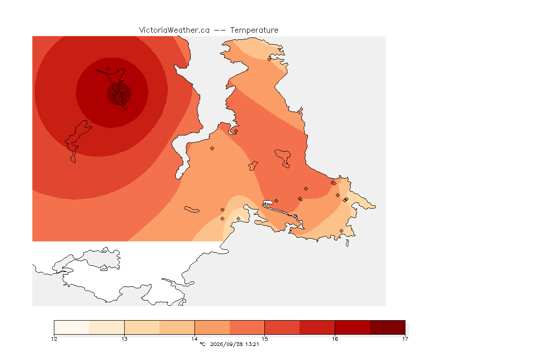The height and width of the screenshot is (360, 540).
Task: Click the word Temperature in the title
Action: (x=254, y=30)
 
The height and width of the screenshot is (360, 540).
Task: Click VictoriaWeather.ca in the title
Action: (x=174, y=30)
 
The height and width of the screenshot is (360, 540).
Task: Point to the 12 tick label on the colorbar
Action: (x=54, y=339)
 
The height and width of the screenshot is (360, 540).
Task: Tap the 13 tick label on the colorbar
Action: (x=124, y=339)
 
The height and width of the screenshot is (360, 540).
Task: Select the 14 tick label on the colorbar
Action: (x=195, y=339)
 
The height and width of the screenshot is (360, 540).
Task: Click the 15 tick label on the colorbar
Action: (x=264, y=339)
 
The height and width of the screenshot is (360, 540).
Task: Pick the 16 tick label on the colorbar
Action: (x=335, y=339)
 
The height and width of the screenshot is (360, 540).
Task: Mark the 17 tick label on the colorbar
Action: (x=405, y=339)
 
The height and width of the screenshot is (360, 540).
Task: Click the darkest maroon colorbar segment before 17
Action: (x=388, y=327)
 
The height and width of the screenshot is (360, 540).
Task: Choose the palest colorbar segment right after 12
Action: (x=72, y=327)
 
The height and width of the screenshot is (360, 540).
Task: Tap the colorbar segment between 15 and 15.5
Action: (x=282, y=327)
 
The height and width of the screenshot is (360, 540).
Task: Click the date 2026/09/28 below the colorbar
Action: (x=224, y=344)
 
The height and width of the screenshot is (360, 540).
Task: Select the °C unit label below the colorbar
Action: (x=202, y=344)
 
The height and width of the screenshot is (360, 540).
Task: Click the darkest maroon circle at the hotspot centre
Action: (x=119, y=93)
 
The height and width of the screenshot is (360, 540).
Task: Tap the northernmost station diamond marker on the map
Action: (x=270, y=59)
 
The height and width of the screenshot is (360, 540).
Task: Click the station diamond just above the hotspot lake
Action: (x=108, y=69)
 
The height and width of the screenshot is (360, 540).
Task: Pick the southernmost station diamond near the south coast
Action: (x=341, y=231)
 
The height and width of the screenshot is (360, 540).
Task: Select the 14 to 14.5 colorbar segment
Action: (x=212, y=327)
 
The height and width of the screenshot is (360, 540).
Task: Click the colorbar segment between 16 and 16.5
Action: (x=352, y=327)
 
